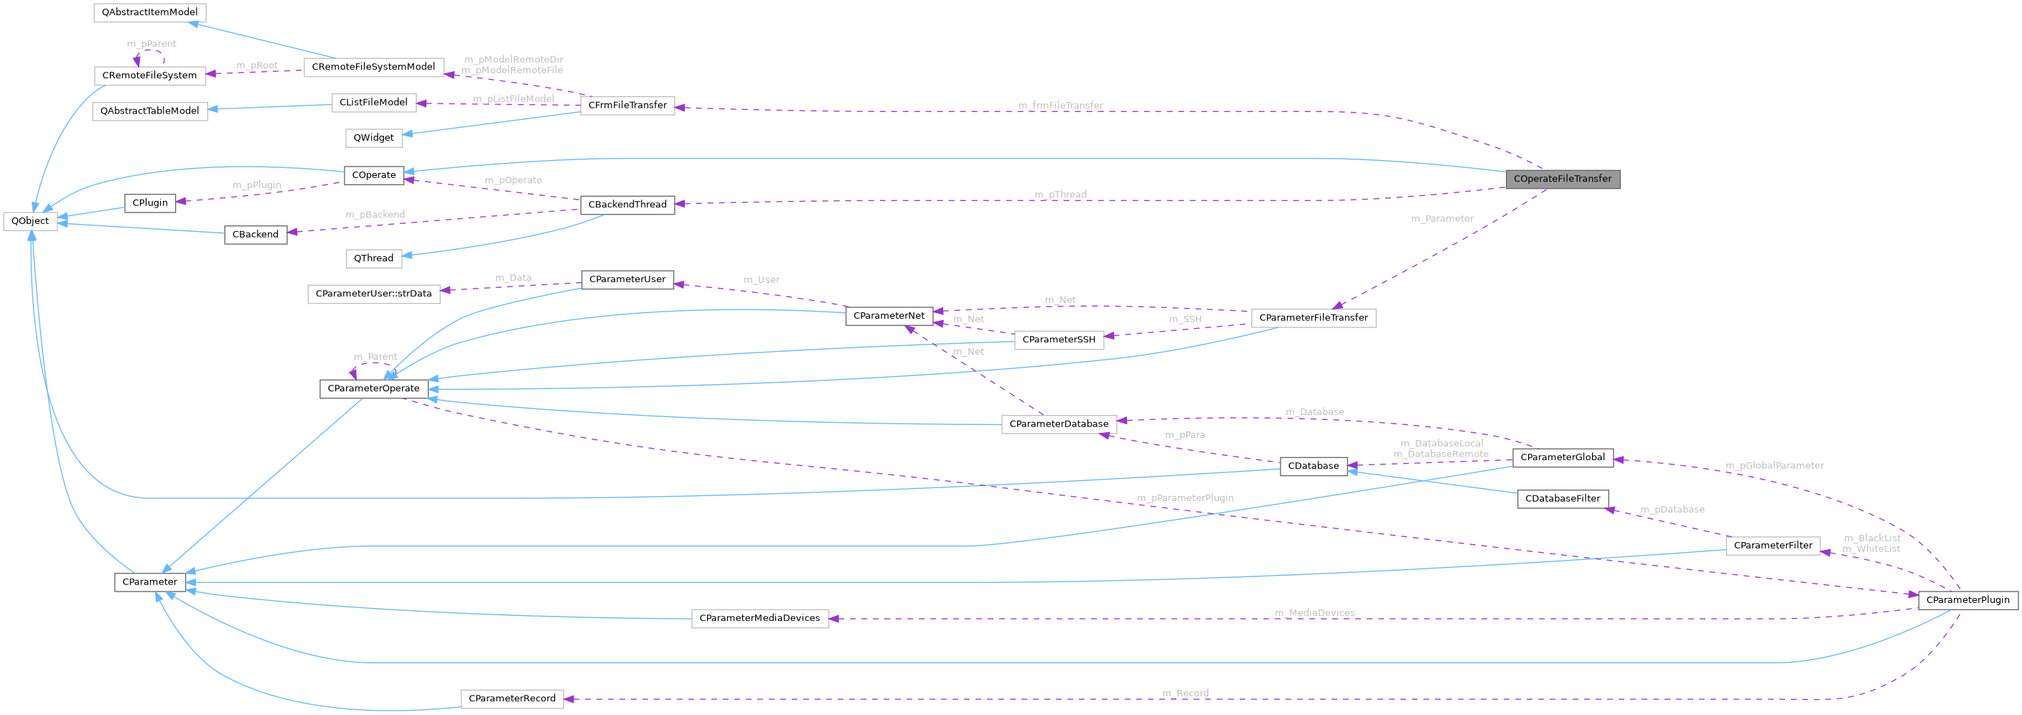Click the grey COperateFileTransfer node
1562,179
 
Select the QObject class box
30,221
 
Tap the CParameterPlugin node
1967,600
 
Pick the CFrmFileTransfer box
627,106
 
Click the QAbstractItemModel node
149,12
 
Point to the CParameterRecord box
512,698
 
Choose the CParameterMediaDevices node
759,619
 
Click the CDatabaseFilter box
1562,499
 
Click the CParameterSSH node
1058,340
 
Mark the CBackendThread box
627,205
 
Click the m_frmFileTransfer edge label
1059,106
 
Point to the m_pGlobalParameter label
1774,465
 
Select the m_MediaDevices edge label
1314,613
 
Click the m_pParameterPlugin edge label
1184,498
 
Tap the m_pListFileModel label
512,99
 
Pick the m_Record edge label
1184,693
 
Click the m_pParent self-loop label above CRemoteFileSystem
151,44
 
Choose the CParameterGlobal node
1562,457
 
